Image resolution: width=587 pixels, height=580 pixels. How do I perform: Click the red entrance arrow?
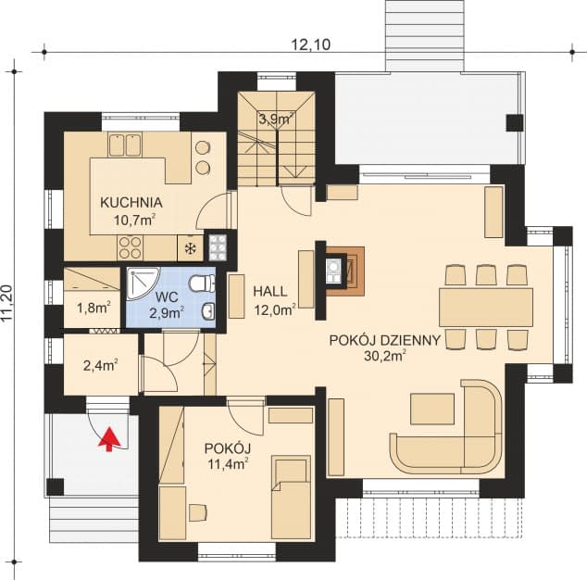(x=109, y=439)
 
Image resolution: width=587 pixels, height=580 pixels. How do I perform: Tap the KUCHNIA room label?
(x=131, y=203)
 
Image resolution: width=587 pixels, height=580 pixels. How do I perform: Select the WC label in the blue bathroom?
(x=167, y=297)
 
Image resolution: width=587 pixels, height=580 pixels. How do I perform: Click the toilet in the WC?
(x=202, y=284)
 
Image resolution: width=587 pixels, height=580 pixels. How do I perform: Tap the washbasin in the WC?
(x=208, y=311)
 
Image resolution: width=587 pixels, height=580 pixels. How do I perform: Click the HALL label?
(x=270, y=292)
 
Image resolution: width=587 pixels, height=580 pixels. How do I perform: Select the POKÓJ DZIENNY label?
(x=385, y=341)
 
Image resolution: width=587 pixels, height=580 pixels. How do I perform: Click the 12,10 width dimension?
(x=311, y=44)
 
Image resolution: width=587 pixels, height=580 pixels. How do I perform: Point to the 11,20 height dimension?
(x=7, y=304)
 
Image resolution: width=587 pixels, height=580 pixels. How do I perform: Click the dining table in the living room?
(x=486, y=308)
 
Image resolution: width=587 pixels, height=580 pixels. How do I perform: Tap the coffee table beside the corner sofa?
(x=432, y=409)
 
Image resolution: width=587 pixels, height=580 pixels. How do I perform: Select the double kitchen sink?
(x=125, y=145)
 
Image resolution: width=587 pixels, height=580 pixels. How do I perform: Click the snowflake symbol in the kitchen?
(x=190, y=248)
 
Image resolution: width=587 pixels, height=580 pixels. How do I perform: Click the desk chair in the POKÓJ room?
(x=197, y=512)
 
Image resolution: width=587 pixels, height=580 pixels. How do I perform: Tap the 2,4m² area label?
(x=101, y=365)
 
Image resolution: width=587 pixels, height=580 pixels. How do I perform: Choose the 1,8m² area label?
(x=94, y=309)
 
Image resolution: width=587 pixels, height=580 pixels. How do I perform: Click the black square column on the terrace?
(x=515, y=122)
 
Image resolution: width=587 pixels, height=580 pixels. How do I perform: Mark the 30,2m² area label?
(x=385, y=356)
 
